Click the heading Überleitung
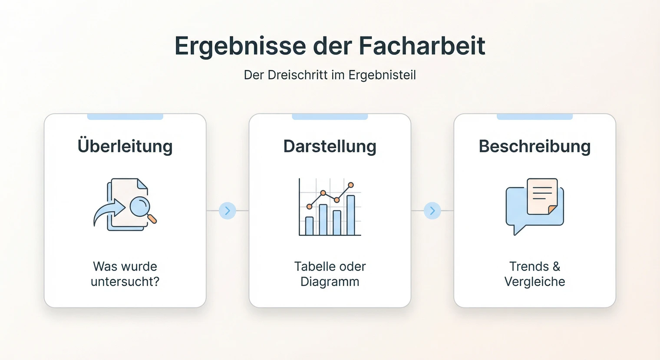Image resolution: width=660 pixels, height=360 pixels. [x=125, y=146]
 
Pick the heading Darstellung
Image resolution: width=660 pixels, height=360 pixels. [x=330, y=146]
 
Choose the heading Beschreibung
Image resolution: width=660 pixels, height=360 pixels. [x=535, y=146]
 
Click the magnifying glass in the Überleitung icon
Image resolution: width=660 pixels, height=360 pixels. [x=140, y=207]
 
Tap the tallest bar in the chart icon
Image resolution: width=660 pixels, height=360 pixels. [x=350, y=215]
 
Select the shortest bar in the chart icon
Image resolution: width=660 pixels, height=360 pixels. [x=309, y=225]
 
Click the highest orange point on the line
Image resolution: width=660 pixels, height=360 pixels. [x=351, y=185]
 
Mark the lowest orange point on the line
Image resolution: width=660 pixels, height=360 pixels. [x=309, y=206]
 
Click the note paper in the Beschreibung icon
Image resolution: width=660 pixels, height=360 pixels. [x=542, y=196]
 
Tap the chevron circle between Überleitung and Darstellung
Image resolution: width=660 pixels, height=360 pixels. [x=227, y=211]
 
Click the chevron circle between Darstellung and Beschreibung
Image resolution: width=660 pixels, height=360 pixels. [x=432, y=211]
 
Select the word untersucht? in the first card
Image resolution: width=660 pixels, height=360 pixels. [x=125, y=282]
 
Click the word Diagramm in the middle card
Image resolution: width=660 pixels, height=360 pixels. [x=330, y=282]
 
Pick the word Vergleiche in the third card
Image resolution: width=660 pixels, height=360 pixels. [x=535, y=282]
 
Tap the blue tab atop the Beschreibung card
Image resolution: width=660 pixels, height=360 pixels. [x=535, y=117]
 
